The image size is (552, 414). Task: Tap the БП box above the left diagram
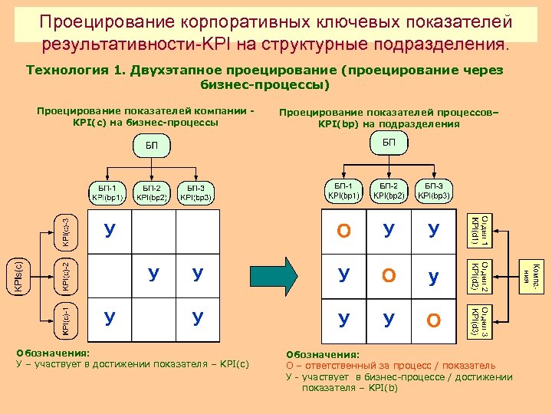(152, 145)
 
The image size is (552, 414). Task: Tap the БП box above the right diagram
(389, 143)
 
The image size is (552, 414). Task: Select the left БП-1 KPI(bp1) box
(109, 193)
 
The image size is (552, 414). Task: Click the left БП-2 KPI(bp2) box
(152, 193)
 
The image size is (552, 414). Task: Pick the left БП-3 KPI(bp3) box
(196, 193)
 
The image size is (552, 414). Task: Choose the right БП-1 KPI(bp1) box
(344, 192)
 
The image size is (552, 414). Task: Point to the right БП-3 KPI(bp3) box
(435, 192)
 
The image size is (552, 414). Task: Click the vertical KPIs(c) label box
(19, 276)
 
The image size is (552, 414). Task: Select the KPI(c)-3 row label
(66, 232)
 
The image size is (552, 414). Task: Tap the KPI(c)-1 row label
(66, 320)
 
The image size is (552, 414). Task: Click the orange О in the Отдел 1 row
(344, 231)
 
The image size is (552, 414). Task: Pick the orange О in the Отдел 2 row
(389, 275)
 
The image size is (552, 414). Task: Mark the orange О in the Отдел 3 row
(434, 320)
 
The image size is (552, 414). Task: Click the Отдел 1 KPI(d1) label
(476, 231)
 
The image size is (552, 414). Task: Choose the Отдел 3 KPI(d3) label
(476, 320)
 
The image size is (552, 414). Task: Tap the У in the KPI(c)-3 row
(110, 230)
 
